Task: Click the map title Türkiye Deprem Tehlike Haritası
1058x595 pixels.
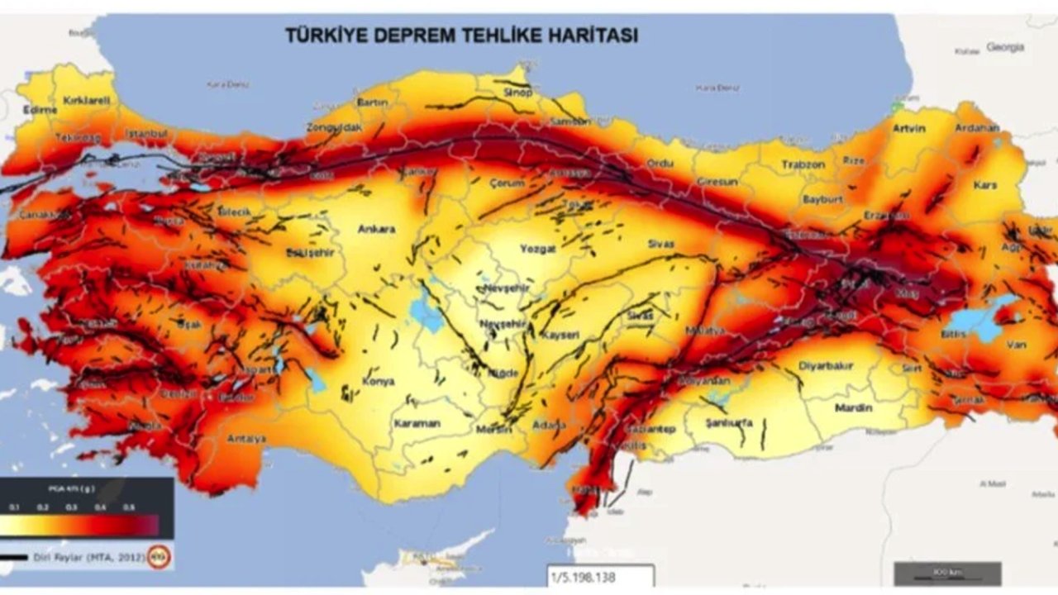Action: (x=461, y=36)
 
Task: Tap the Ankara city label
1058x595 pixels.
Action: (x=376, y=229)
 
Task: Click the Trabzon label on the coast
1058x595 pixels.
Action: (x=803, y=164)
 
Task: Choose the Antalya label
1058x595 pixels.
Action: (x=245, y=439)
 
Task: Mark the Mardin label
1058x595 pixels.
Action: (x=853, y=408)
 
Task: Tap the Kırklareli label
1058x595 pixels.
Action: (x=86, y=100)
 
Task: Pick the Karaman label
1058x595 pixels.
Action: (x=416, y=423)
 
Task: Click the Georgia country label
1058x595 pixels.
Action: (x=1005, y=47)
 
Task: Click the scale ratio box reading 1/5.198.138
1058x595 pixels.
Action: (x=600, y=575)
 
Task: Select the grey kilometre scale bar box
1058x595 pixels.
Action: (x=947, y=573)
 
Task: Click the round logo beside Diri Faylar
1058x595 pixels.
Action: (x=160, y=557)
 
